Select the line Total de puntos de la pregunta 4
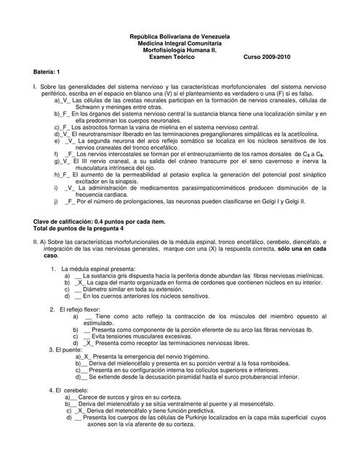76,228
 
